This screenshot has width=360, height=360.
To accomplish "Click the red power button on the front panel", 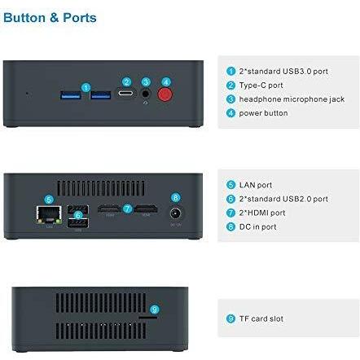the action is (165, 94).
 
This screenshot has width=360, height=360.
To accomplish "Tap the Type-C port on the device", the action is (125, 94).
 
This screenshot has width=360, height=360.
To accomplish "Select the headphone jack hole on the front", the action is (146, 94).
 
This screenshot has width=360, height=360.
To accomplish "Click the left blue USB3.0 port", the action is (71, 95).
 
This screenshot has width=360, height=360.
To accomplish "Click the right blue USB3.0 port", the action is (101, 95).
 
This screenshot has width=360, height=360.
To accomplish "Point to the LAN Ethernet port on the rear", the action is (49, 214).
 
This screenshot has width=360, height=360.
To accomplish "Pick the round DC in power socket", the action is (176, 213).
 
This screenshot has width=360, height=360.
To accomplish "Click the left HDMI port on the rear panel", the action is (109, 209).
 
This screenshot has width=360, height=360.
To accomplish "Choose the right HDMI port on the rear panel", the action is (147, 209).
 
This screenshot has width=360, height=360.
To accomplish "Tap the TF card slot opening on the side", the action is (148, 317).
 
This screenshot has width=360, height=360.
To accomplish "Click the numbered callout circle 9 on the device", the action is (154, 310).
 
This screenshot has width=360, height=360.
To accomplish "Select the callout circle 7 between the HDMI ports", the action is (127, 209).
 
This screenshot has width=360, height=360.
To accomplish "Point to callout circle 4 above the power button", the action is (166, 82).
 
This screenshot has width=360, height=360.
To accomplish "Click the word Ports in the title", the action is (80, 18).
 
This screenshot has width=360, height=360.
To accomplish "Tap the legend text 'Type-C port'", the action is (261, 86).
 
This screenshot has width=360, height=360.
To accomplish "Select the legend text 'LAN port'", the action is (256, 185).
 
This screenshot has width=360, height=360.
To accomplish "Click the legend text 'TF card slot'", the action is (261, 318).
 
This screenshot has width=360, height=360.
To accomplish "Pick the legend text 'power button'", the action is (263, 113).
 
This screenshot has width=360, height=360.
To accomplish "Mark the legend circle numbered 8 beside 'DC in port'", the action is (230, 226).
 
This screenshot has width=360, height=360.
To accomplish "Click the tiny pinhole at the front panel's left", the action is (27, 94).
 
